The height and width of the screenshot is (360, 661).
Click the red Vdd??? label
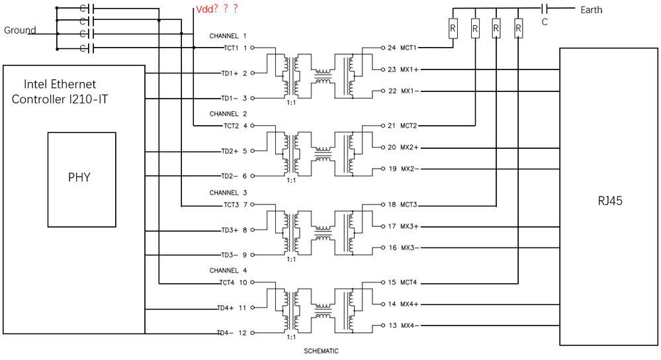click(217, 9)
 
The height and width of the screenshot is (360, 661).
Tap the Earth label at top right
click(591, 10)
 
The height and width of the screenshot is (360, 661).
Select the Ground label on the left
click(20, 30)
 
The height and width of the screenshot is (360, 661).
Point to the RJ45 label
click(610, 201)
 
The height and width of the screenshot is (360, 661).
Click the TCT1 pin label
click(231, 48)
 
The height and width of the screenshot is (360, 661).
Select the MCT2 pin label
click(408, 126)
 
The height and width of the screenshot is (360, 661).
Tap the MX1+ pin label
click(410, 69)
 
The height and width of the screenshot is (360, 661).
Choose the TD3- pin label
click(230, 255)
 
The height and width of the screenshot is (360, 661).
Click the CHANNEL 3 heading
click(228, 193)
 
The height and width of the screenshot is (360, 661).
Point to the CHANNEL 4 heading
click(228, 270)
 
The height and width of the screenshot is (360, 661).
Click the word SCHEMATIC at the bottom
click(321, 351)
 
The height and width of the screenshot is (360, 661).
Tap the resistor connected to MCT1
click(453, 28)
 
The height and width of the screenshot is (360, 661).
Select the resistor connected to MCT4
click(518, 28)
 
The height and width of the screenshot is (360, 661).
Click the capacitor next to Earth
click(545, 8)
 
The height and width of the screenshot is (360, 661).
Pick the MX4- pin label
click(410, 326)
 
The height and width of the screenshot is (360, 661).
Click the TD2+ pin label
click(230, 151)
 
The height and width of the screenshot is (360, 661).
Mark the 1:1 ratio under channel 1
click(291, 103)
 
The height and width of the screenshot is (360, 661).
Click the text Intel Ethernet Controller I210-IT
click(60, 91)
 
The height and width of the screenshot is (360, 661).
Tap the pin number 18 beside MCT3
click(392, 204)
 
